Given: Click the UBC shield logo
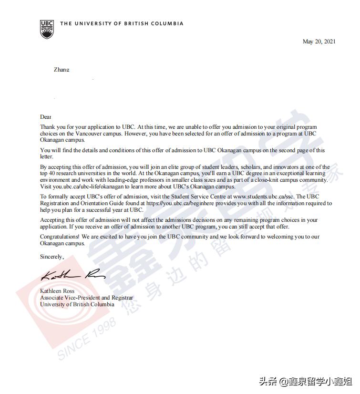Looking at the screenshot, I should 47,29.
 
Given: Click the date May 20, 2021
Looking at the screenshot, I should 319,41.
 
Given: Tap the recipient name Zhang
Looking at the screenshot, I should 62,70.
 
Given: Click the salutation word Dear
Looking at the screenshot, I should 45,117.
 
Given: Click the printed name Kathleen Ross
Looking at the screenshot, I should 57,291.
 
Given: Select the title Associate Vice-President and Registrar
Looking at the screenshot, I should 87,298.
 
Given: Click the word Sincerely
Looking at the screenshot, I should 52,257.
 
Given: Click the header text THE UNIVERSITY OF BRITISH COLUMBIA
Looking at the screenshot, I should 122,23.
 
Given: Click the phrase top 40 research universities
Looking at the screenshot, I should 78,173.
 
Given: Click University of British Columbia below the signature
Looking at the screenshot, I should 77,304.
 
